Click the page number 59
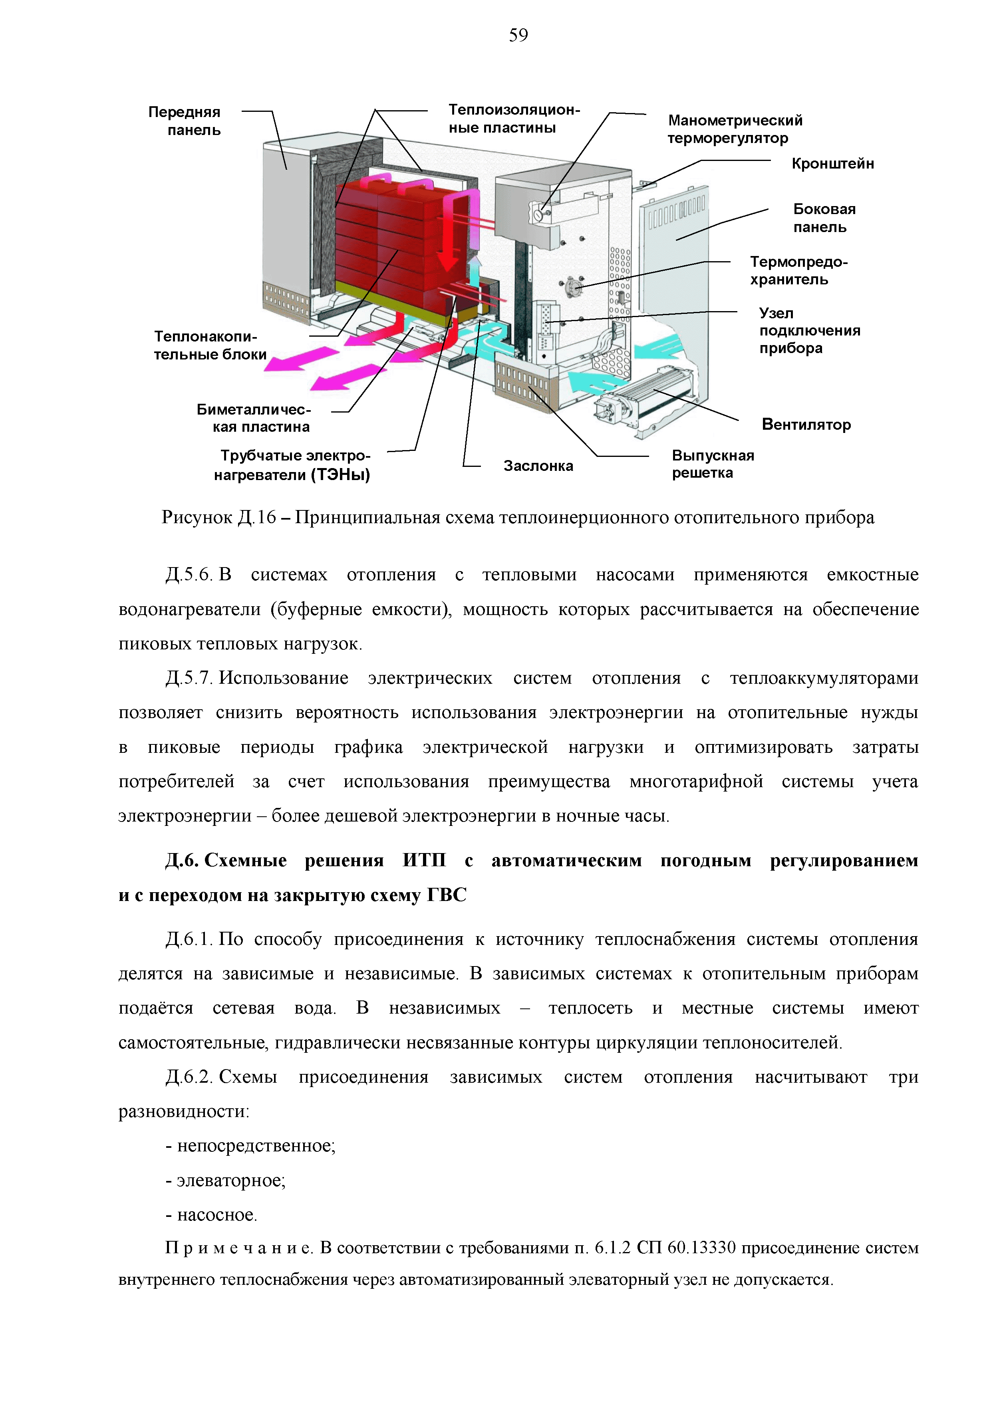pyautogui.click(x=518, y=36)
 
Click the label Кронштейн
pyautogui.click(x=832, y=163)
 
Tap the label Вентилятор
pyautogui.click(x=806, y=425)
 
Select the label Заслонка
pyautogui.click(x=538, y=466)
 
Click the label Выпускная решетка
pyautogui.click(x=712, y=464)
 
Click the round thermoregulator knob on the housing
pyautogui.click(x=538, y=215)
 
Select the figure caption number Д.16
pyautogui.click(x=257, y=518)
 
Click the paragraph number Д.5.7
pyautogui.click(x=188, y=678)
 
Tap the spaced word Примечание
pyautogui.click(x=238, y=1248)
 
